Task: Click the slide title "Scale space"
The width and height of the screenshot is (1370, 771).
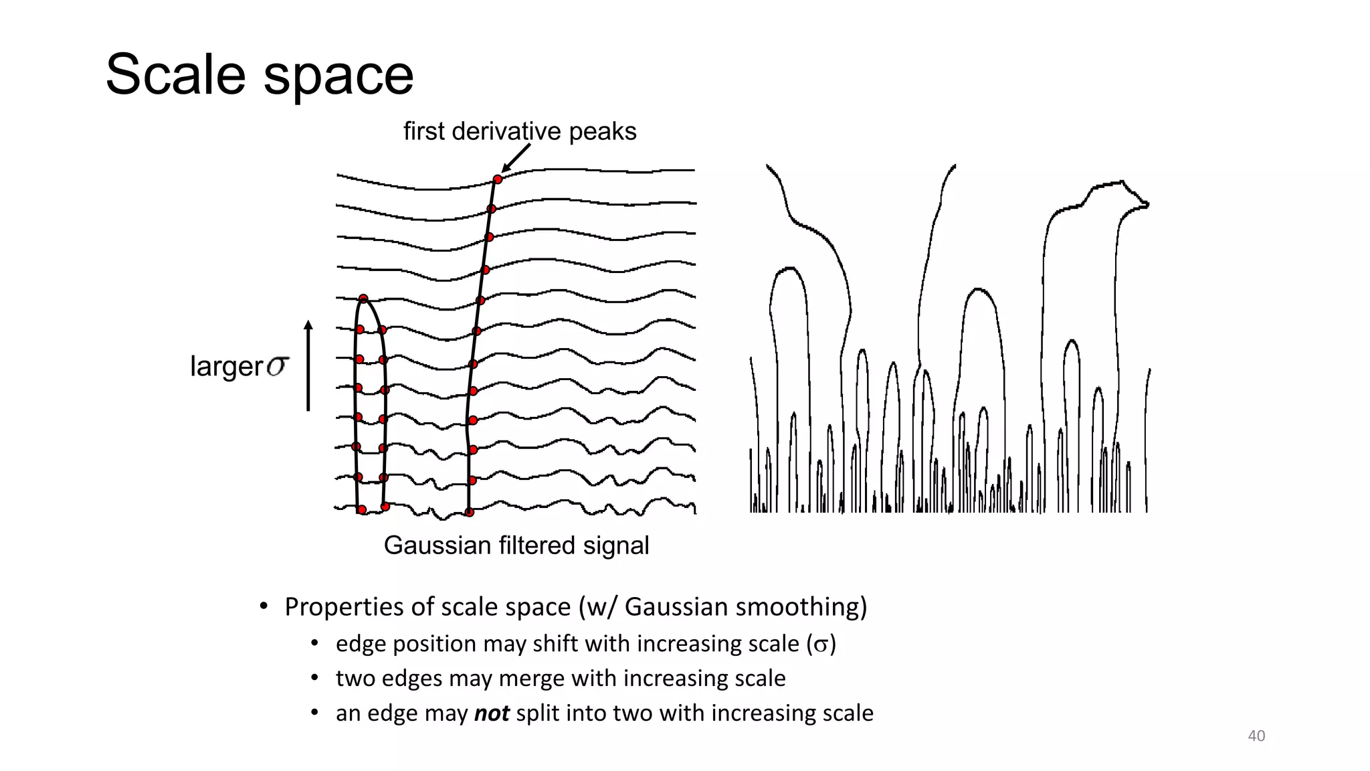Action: (260, 74)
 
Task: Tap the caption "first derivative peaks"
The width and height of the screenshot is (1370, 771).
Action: (520, 131)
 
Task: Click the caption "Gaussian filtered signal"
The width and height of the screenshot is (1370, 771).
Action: (516, 545)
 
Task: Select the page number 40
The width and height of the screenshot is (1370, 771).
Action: (1256, 736)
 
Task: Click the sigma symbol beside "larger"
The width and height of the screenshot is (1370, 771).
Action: (278, 366)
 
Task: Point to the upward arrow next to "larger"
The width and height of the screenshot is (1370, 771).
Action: (308, 365)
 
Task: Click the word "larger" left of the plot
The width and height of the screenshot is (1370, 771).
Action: (227, 366)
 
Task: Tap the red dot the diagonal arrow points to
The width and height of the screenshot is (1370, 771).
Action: (498, 179)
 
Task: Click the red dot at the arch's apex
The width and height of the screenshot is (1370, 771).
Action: (363, 298)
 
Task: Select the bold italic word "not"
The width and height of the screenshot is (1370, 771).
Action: (492, 713)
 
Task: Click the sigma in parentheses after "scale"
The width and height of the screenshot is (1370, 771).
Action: (821, 645)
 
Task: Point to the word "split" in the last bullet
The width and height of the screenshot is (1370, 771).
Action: (540, 713)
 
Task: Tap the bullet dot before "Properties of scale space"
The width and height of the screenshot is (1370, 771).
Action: (264, 606)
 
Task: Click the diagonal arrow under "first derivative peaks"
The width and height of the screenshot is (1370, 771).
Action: (516, 159)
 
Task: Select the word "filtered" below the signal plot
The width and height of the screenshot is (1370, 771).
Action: (537, 545)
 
